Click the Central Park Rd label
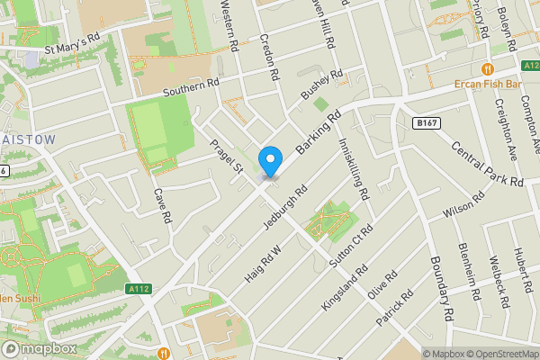(486, 162)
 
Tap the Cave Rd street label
(161, 206)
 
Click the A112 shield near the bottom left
(138, 288)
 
